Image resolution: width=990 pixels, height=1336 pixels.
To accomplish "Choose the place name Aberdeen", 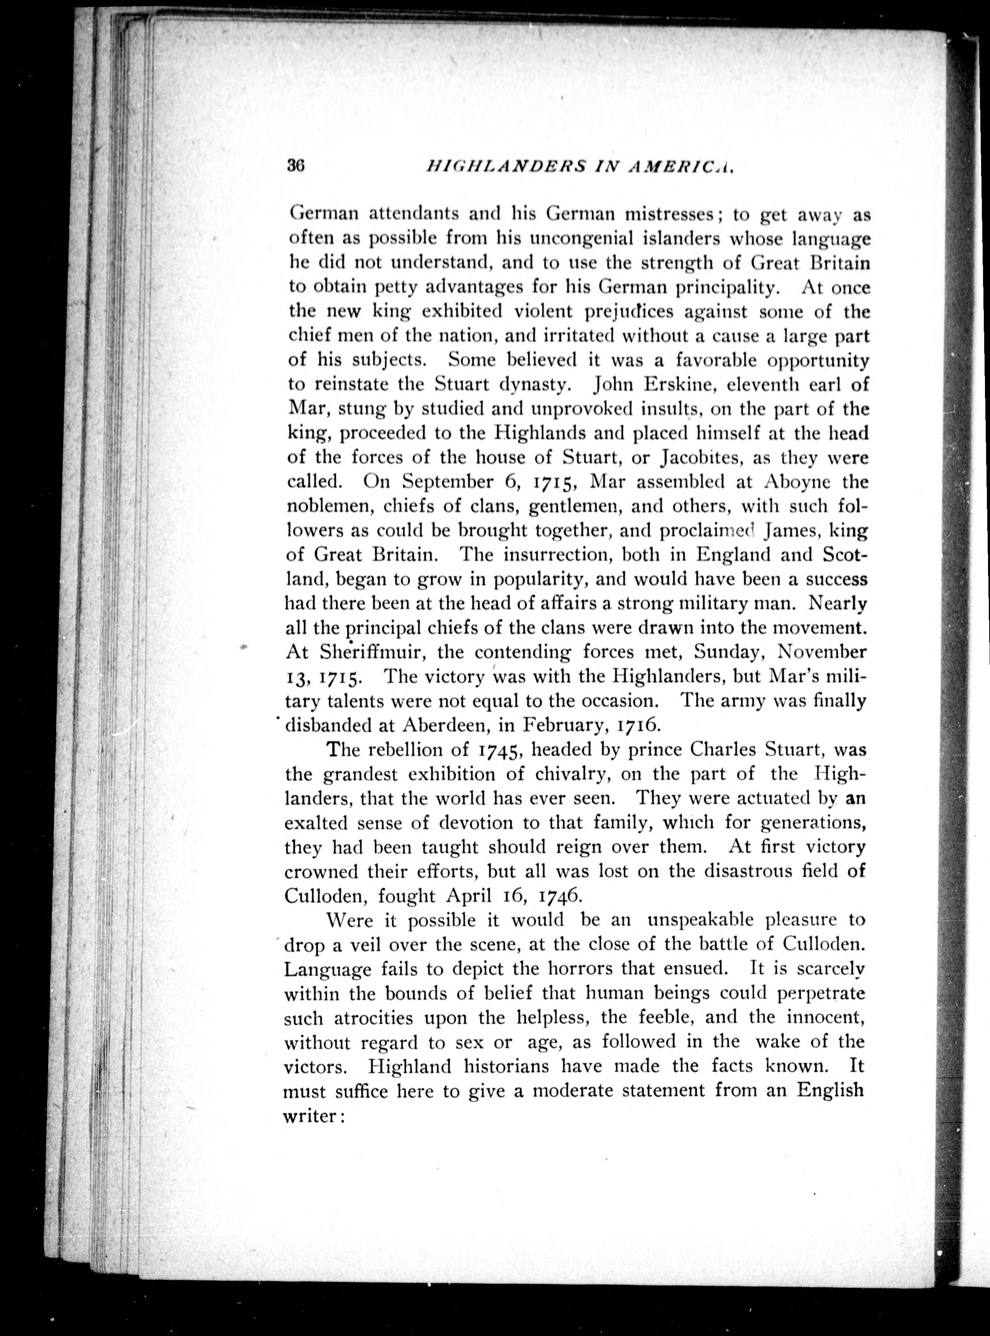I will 444,726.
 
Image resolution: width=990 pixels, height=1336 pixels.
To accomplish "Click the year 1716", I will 638,726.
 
